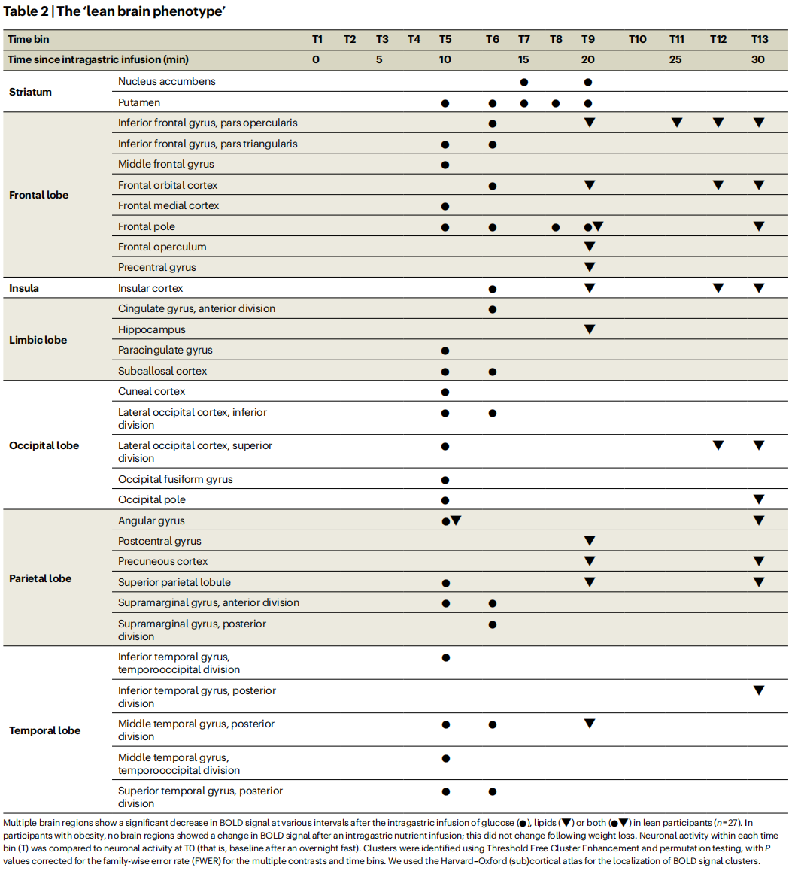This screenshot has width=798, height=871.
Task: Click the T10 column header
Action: [x=637, y=39]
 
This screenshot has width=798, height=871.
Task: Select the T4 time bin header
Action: [x=414, y=39]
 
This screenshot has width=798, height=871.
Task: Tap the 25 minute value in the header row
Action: [x=675, y=59]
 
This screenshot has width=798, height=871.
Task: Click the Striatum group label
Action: [x=30, y=92]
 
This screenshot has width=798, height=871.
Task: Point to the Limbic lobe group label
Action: [x=38, y=340]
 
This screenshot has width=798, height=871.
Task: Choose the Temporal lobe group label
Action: [x=44, y=730]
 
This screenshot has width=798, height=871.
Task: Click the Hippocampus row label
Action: [x=151, y=329]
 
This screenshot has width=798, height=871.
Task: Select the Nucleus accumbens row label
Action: [x=166, y=81]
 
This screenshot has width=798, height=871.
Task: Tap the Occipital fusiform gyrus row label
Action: [x=175, y=479]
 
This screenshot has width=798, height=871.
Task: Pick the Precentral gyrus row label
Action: [x=156, y=267]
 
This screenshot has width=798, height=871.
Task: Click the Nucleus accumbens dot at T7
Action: [x=523, y=82]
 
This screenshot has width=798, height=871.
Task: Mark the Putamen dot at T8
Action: [x=556, y=103]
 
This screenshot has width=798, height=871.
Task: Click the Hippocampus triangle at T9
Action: [x=590, y=329]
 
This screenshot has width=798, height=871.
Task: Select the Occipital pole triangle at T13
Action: [x=759, y=499]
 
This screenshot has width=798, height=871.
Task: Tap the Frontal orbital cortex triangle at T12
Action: [x=718, y=185]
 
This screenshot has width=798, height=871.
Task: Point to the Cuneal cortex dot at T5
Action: [x=445, y=392]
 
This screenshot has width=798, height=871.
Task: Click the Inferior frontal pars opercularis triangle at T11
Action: [x=677, y=123]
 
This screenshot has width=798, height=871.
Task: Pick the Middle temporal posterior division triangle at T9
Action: [x=590, y=724]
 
